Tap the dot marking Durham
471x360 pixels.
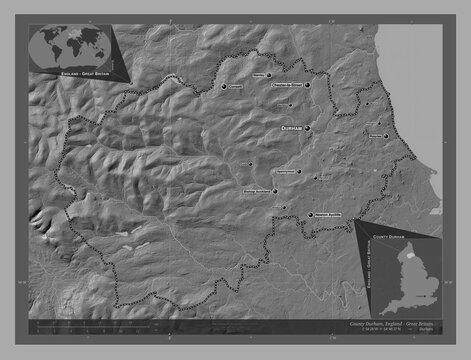click(308, 129)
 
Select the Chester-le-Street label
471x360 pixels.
click(286, 86)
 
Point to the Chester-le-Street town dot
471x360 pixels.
click(309, 86)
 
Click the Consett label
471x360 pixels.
click(236, 87)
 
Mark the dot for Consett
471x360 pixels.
click(224, 87)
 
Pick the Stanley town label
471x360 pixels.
click(263, 73)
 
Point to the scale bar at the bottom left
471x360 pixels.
click(80, 324)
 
